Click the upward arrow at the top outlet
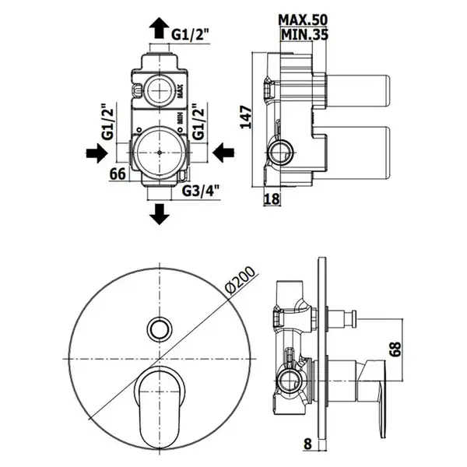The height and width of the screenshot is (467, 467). [x=160, y=28]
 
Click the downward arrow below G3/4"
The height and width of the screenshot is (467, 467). [x=160, y=214]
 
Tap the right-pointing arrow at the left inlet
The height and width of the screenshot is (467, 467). [x=97, y=153]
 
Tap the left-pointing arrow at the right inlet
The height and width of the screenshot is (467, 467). [x=223, y=153]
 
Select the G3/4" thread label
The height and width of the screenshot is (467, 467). [x=201, y=191]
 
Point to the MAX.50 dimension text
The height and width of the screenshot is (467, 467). [x=303, y=19]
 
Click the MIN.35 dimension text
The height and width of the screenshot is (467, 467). [x=304, y=34]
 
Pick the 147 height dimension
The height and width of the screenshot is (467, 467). [x=246, y=117]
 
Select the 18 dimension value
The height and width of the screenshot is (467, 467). [x=272, y=198]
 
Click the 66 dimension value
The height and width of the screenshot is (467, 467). [x=118, y=174]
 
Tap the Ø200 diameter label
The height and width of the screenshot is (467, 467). [x=240, y=280]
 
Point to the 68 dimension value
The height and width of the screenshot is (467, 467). [x=395, y=349]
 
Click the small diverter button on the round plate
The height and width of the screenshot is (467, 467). [x=160, y=328]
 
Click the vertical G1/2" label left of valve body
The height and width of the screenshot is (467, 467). [x=108, y=122]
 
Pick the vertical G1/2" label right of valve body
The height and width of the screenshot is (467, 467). [x=198, y=122]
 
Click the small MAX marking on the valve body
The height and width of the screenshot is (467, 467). [x=180, y=91]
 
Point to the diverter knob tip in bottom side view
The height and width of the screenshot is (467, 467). [x=354, y=319]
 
